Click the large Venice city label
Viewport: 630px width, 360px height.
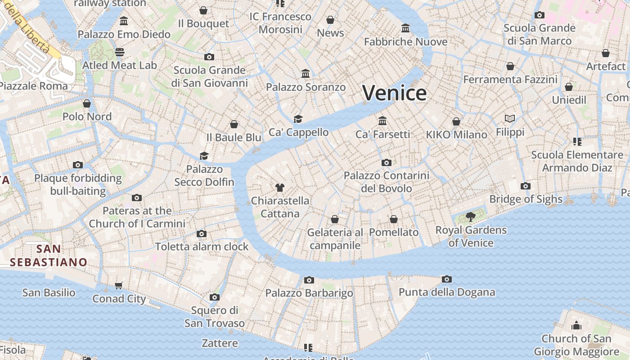395,93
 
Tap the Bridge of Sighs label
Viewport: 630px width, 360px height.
526,199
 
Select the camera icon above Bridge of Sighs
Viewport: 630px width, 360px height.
525,186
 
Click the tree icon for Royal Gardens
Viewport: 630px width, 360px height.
470,217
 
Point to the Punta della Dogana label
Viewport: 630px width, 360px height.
447,292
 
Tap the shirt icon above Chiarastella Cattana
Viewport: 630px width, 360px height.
280,187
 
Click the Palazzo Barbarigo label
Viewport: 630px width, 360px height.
309,293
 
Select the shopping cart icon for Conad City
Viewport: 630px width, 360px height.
119,285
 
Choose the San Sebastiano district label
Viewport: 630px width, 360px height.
49,255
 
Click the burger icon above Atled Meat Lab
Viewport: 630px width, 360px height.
119,52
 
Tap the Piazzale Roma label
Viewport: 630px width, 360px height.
34,86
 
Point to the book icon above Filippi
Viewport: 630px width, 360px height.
510,119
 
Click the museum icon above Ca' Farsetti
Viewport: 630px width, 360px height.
382,121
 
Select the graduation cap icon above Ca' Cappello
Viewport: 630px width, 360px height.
298,119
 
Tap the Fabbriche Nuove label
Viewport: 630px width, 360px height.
405,42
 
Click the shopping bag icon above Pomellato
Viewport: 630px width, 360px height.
394,219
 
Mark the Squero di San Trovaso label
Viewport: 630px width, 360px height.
215,317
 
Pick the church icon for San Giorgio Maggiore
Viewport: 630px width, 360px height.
576,325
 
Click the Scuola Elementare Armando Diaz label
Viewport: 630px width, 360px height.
577,161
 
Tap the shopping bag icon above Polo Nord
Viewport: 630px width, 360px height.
87,103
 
